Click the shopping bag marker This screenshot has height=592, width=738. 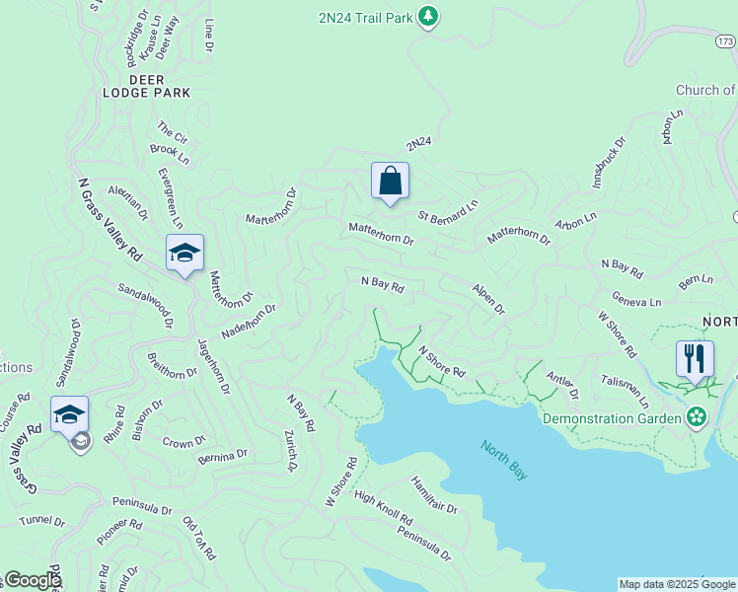(x=390, y=182)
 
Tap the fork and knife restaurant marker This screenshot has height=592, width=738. (x=695, y=360)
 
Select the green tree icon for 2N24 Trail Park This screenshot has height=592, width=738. (x=427, y=17)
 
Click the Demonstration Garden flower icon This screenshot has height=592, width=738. (x=698, y=418)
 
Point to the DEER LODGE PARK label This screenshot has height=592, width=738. (x=146, y=86)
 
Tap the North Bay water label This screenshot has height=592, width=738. (x=504, y=461)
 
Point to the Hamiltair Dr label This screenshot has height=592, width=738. (x=434, y=494)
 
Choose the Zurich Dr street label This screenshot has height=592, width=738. (x=290, y=451)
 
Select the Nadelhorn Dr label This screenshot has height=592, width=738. (x=248, y=322)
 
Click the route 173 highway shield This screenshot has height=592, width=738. (x=725, y=41)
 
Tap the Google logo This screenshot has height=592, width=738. (x=33, y=580)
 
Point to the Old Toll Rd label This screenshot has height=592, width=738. (x=198, y=539)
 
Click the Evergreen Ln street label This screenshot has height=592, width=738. (x=171, y=198)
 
